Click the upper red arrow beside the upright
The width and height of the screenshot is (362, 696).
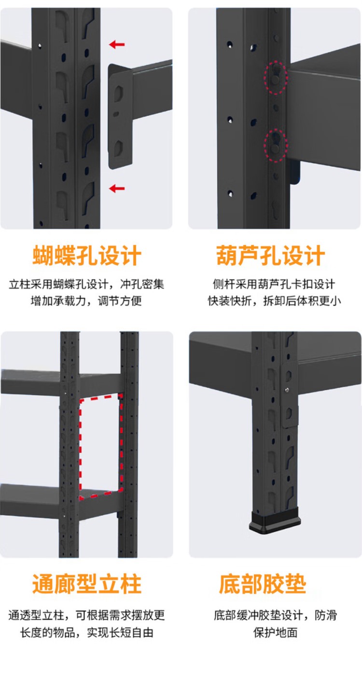pyautogui.click(x=117, y=44)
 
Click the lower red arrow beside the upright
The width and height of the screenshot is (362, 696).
pyautogui.click(x=117, y=188)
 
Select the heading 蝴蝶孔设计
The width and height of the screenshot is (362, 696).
pyautogui.click(x=87, y=256)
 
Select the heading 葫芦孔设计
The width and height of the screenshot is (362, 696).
pyautogui.click(x=271, y=256)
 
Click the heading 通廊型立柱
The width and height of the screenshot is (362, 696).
pyautogui.click(x=87, y=585)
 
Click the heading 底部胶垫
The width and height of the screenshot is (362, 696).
pyautogui.click(x=263, y=585)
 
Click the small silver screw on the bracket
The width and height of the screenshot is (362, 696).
pyautogui.click(x=287, y=389)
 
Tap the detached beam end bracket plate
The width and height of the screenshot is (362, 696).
pyautogui.click(x=120, y=117)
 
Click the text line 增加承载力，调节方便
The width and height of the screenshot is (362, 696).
pyautogui.click(x=86, y=301)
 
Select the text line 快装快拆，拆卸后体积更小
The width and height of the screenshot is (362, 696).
pyautogui.click(x=274, y=301)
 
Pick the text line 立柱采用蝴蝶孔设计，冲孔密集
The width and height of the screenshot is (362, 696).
pyautogui.click(x=86, y=284)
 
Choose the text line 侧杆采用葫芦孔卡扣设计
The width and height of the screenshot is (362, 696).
pyautogui.click(x=274, y=284)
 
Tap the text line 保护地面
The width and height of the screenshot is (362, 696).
pyautogui.click(x=275, y=632)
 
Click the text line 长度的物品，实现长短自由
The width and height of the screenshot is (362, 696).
pyautogui.click(x=87, y=632)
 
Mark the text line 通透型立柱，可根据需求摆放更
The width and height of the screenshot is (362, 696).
pyautogui.click(x=86, y=615)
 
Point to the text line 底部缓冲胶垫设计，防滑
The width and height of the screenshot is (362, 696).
pyautogui.click(x=275, y=615)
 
